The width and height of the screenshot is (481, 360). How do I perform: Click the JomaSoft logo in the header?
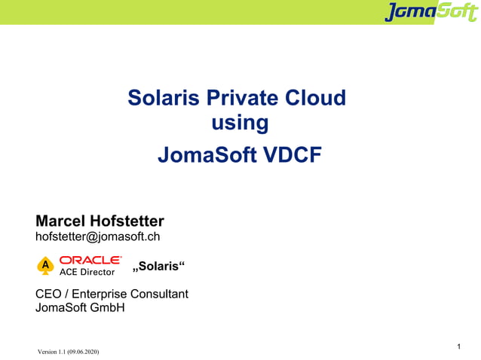click(430, 12)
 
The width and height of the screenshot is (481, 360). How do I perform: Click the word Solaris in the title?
click(161, 98)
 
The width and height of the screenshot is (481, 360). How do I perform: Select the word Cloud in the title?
click(317, 98)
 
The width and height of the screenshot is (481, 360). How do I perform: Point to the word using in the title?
click(240, 123)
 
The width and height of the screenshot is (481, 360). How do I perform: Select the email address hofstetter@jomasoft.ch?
click(97, 237)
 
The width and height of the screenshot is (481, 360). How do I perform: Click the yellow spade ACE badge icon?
click(45, 266)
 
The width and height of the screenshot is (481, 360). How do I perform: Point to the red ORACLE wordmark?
click(90, 260)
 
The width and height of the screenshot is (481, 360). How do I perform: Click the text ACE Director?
click(87, 272)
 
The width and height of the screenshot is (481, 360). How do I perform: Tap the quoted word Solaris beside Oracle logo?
click(159, 267)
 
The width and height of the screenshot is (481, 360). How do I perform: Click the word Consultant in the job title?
click(159, 294)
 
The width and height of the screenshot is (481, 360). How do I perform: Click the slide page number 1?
click(459, 346)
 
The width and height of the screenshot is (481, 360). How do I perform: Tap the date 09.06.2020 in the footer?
click(81, 352)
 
